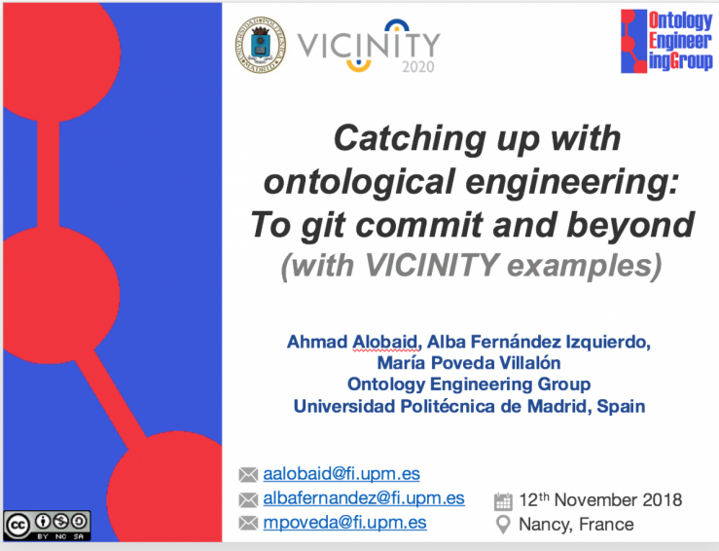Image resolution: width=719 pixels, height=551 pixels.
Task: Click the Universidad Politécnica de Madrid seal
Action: (260, 45)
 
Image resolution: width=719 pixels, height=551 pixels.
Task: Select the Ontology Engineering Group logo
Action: (666, 42)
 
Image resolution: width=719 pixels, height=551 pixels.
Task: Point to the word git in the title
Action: (322, 225)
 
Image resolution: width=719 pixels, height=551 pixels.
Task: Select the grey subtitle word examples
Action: (585, 265)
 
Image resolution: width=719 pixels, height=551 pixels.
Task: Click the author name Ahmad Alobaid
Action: (351, 342)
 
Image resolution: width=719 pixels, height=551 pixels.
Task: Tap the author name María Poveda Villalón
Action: (469, 363)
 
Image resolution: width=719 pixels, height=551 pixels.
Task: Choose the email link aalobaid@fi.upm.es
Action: (342, 474)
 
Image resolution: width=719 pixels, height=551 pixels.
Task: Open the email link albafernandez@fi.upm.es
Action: (364, 498)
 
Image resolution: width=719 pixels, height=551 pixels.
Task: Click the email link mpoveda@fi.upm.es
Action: (344, 523)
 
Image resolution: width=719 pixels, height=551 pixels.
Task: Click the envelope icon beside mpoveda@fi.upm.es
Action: (248, 523)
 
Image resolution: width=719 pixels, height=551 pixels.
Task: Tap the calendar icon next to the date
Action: (503, 501)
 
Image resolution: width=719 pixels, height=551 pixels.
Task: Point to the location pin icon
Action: (503, 525)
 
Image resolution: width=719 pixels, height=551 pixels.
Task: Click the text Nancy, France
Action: (576, 525)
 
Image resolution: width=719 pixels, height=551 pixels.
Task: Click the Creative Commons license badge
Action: (48, 526)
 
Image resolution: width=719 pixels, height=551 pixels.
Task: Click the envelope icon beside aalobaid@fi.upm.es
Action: (248, 474)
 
